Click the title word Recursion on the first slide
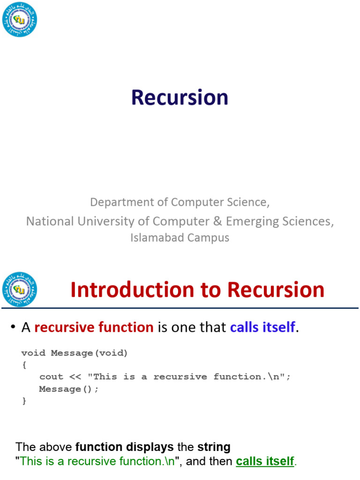(x=180, y=97)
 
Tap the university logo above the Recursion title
(x=20, y=19)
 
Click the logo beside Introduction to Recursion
(x=20, y=289)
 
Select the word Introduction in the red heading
(x=132, y=290)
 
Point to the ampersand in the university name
(x=217, y=221)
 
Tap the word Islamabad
(x=157, y=238)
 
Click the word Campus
(x=208, y=238)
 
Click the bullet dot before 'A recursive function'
(x=13, y=327)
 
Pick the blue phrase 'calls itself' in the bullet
(x=262, y=327)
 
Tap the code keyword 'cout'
(x=51, y=377)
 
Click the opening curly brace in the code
(x=24, y=365)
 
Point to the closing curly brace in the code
(x=24, y=401)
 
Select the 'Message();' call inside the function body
(x=68, y=389)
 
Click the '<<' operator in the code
(x=75, y=377)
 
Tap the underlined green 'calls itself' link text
(x=265, y=461)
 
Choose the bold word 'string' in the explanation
(x=214, y=447)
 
